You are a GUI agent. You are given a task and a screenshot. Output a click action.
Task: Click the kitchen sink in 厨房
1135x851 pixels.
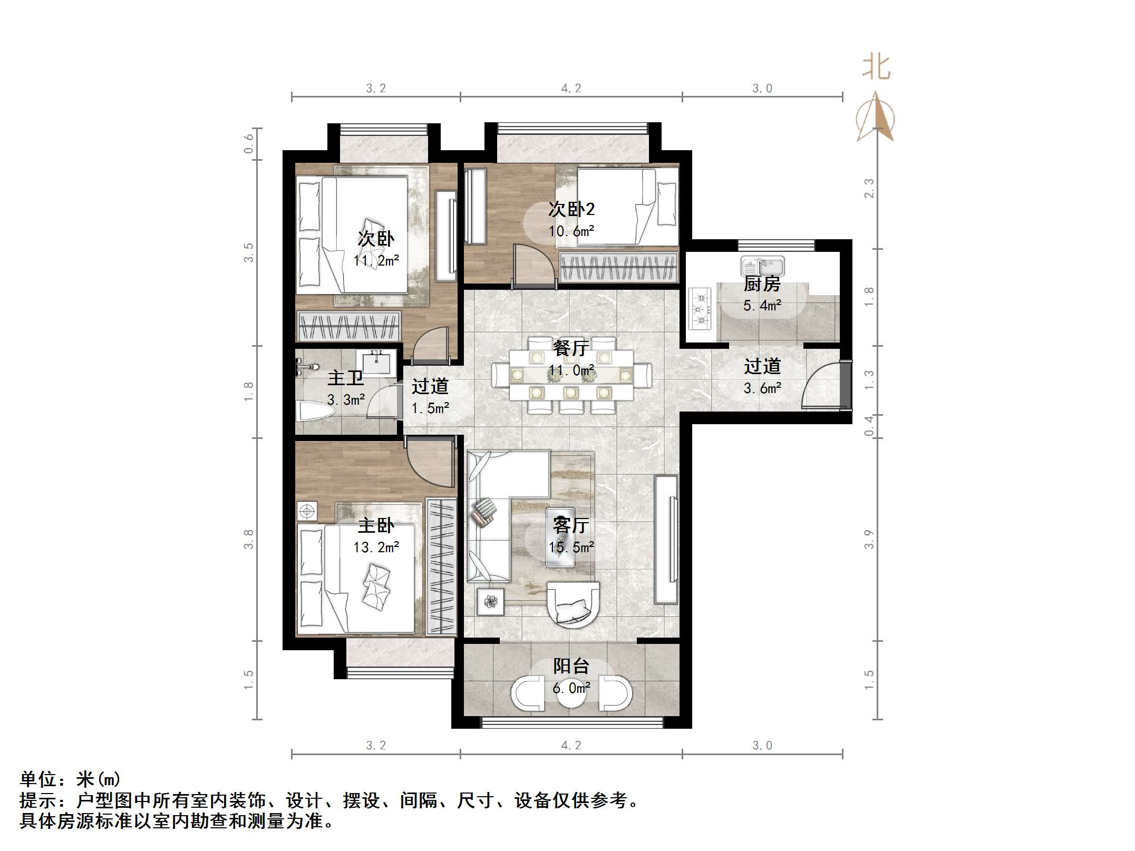pyautogui.click(x=762, y=266)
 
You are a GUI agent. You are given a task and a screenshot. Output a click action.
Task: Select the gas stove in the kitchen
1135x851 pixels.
pyautogui.click(x=700, y=308)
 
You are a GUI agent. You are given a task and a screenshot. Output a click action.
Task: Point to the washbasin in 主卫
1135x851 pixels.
pyautogui.click(x=376, y=362)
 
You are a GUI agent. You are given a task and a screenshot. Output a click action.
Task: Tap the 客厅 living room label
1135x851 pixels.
pyautogui.click(x=571, y=525)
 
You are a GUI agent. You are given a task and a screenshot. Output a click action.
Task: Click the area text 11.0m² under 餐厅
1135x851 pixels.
pyautogui.click(x=571, y=370)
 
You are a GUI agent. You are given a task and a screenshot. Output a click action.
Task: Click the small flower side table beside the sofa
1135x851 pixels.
pyautogui.click(x=490, y=601)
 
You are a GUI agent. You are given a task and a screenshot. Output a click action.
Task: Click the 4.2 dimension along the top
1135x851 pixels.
pyautogui.click(x=571, y=89)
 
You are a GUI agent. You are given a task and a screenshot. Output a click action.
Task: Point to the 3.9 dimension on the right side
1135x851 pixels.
pyautogui.click(x=869, y=539)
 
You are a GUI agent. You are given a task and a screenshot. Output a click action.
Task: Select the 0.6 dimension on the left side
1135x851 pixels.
pyautogui.click(x=248, y=143)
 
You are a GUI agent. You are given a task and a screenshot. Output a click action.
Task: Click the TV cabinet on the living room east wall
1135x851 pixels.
pyautogui.click(x=666, y=539)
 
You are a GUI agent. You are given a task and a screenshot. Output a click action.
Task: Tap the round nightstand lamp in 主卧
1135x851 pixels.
pyautogui.click(x=307, y=511)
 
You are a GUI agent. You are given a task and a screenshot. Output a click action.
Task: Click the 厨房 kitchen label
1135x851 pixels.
pyautogui.click(x=762, y=284)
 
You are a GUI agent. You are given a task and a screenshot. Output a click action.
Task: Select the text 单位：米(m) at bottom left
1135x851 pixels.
pyautogui.click(x=70, y=779)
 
